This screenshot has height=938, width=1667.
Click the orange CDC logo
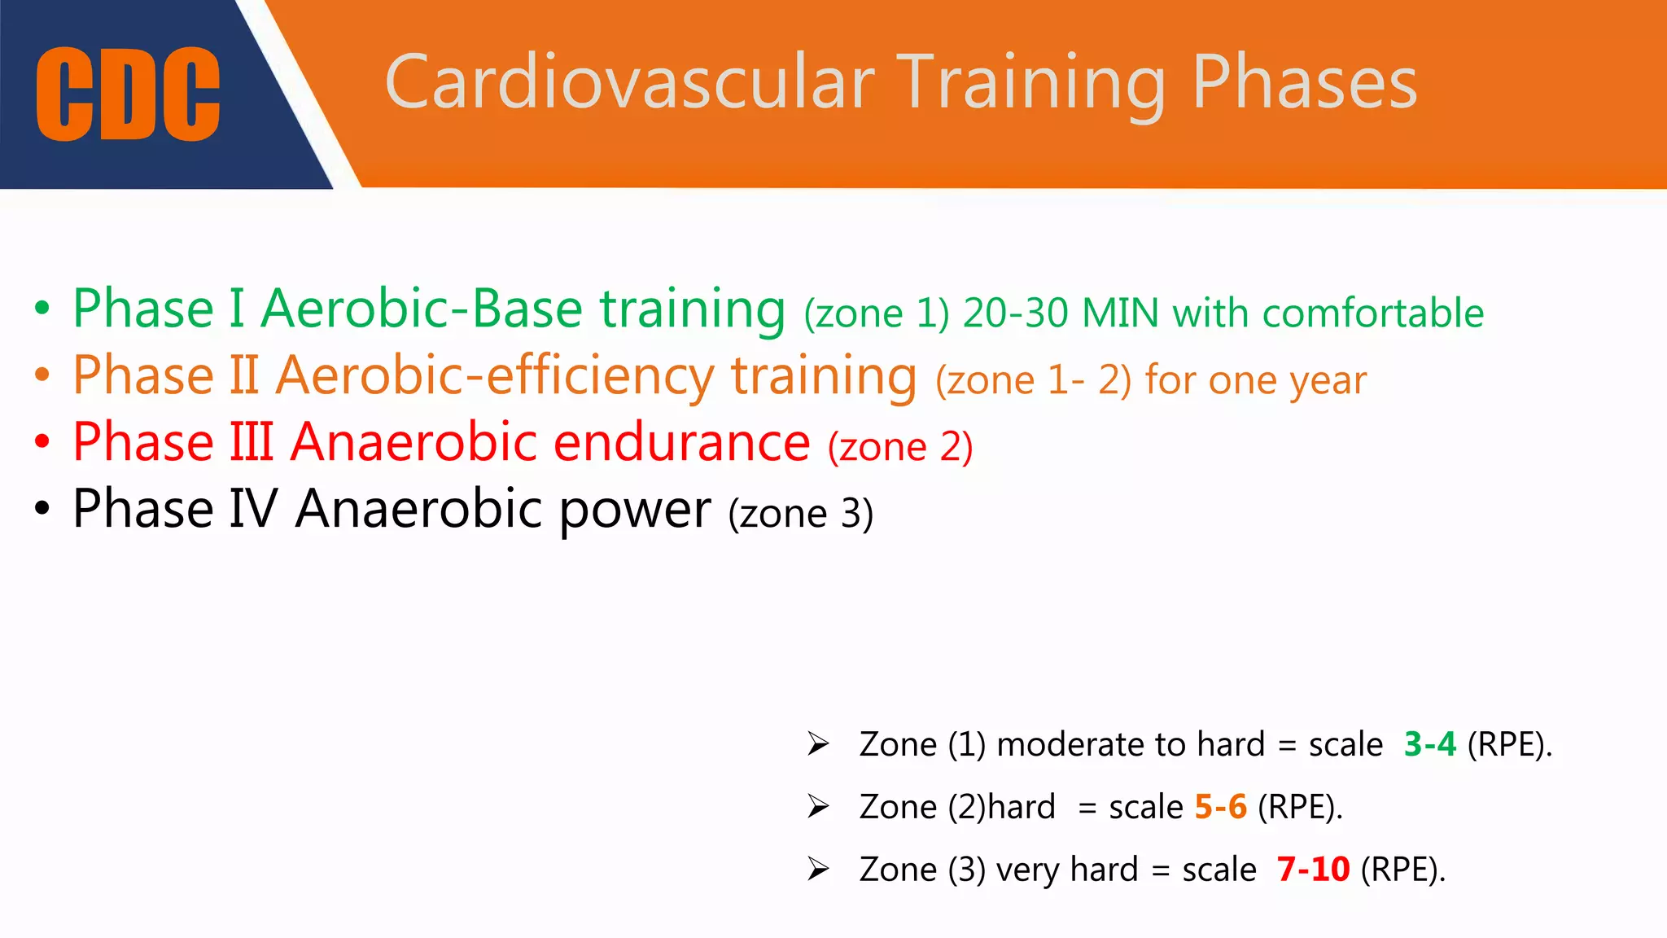pyautogui.click(x=128, y=94)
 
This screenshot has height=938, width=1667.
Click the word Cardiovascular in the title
pyautogui.click(x=629, y=82)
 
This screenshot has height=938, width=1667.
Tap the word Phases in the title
pyautogui.click(x=1305, y=82)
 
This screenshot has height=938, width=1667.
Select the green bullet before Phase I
pyautogui.click(x=42, y=309)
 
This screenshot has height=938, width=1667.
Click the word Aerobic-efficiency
pyautogui.click(x=494, y=376)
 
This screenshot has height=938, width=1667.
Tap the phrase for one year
pyautogui.click(x=1255, y=380)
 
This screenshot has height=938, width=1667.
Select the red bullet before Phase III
pyautogui.click(x=42, y=443)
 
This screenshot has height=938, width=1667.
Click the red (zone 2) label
pyautogui.click(x=900, y=447)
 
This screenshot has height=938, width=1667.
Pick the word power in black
pyautogui.click(x=635, y=510)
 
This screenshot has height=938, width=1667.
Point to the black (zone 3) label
pyautogui.click(x=801, y=514)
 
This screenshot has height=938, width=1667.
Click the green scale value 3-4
pyautogui.click(x=1429, y=744)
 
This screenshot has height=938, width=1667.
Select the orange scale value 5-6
pyautogui.click(x=1220, y=807)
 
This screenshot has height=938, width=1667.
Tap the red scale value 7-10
pyautogui.click(x=1313, y=870)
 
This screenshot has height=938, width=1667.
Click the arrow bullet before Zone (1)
pyautogui.click(x=818, y=744)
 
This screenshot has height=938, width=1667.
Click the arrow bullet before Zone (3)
pyautogui.click(x=818, y=870)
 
